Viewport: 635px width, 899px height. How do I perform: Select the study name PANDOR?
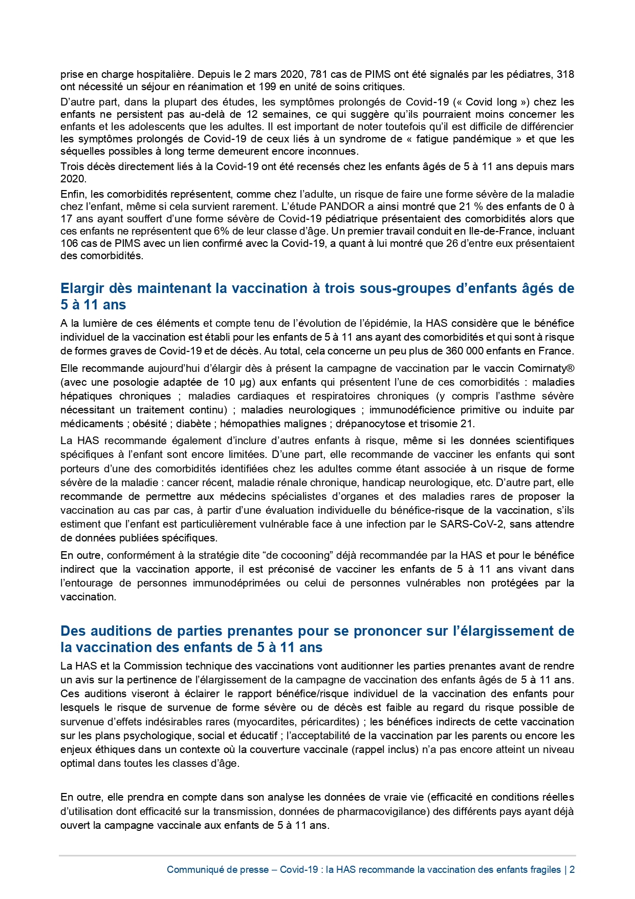coord(342,206)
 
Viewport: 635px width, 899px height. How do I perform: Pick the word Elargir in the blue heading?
coord(82,288)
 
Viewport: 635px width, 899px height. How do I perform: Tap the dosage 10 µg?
coord(236,382)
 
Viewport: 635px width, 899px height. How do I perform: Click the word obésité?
coord(150,424)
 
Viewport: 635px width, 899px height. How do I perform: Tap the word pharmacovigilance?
coord(376,811)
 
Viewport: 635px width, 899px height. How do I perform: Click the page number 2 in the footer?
coord(572,870)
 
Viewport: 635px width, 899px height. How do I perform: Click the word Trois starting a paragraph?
coord(72,166)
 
